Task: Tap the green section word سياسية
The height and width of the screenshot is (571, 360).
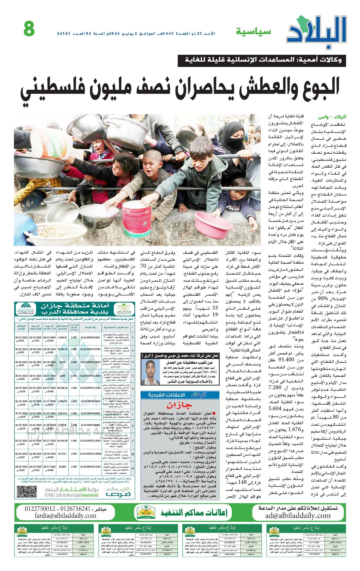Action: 254,32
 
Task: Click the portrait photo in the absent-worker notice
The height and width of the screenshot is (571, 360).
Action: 151,372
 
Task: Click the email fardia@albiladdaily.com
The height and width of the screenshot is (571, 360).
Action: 66,515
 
